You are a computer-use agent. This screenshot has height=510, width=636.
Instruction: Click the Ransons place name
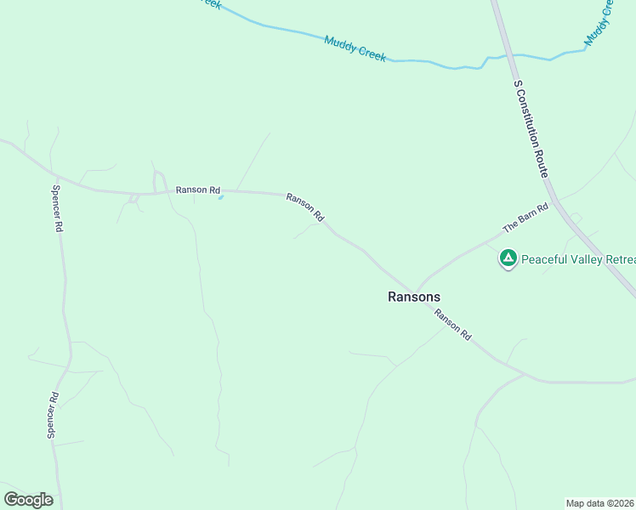414,297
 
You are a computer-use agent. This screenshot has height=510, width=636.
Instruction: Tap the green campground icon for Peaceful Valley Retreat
508,258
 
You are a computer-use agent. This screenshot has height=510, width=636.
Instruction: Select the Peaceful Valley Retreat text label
578,259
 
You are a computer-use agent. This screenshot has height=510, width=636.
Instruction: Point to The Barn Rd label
526,218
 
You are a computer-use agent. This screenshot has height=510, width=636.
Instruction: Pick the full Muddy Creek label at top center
355,48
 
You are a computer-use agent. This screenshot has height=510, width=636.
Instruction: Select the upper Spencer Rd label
58,210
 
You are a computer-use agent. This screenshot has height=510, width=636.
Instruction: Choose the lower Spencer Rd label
53,415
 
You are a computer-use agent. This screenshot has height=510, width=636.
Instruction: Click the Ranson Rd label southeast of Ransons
452,325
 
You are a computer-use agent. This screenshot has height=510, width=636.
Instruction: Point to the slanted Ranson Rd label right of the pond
305,207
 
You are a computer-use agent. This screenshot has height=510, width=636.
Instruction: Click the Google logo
28,500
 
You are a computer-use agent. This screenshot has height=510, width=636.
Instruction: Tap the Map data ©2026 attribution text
600,502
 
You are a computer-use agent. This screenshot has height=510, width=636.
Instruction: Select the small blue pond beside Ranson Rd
221,198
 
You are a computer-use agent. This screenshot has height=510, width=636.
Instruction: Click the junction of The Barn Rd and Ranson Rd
415,290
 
